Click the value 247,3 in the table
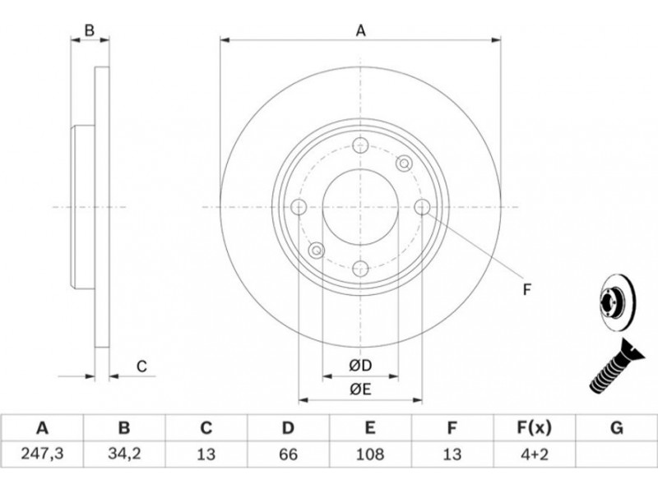coord(42,454)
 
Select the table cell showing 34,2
coord(124,454)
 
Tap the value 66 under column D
coord(288,454)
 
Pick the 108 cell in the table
coord(369,454)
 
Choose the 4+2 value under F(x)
coord(534,454)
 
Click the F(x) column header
coord(534,428)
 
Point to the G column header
coord(616,428)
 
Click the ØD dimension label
coord(360,366)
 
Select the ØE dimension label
coord(360,389)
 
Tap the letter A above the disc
coord(361,30)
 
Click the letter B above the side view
coord(90,30)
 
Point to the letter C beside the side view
coord(141,366)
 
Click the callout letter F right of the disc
coord(527,289)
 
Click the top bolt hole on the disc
coord(360,145)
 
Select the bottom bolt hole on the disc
coord(360,269)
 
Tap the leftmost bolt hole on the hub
coord(299,207)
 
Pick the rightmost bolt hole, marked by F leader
coord(422,207)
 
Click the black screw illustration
coord(615,366)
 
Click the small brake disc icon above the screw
coord(617,303)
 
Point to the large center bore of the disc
coord(360,207)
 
